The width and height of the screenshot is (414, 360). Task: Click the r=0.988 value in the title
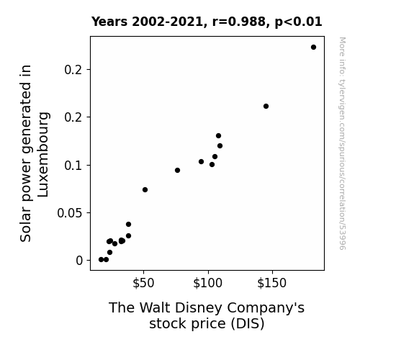[x=239, y=22]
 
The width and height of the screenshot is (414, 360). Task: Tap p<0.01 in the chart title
[x=298, y=22]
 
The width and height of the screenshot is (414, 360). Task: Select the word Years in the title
[x=109, y=22]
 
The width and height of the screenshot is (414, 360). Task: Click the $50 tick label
[x=143, y=283]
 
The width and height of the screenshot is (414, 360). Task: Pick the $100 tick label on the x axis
[x=208, y=283]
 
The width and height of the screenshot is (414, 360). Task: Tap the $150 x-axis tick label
[x=272, y=283]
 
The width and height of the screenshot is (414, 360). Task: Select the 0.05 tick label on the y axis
[x=70, y=213]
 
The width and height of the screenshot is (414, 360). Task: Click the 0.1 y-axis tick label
[x=73, y=166]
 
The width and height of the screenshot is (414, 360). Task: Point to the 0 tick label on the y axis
[x=79, y=261]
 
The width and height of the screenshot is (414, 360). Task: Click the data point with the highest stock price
[x=313, y=48]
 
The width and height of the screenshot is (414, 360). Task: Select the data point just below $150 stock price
[x=266, y=106]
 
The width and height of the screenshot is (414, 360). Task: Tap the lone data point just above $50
[x=145, y=189]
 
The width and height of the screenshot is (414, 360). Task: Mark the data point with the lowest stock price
[x=101, y=260]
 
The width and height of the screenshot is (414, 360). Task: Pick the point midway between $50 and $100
[x=177, y=171]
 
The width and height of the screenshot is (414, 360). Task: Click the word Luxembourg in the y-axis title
[x=43, y=155]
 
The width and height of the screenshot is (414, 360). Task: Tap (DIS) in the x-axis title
[x=248, y=324]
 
